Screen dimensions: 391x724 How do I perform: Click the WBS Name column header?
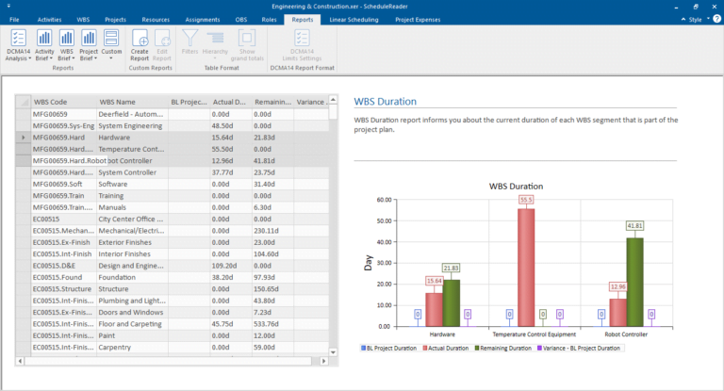[x=128, y=102]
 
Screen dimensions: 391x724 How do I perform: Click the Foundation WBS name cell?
[x=130, y=277]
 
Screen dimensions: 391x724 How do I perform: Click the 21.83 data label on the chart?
[x=450, y=269]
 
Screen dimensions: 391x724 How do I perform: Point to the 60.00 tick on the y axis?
[x=383, y=200]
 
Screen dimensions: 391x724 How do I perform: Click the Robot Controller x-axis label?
[x=626, y=334]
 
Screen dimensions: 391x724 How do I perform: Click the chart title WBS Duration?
[x=516, y=186]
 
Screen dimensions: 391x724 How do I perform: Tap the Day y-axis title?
[x=368, y=263]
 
